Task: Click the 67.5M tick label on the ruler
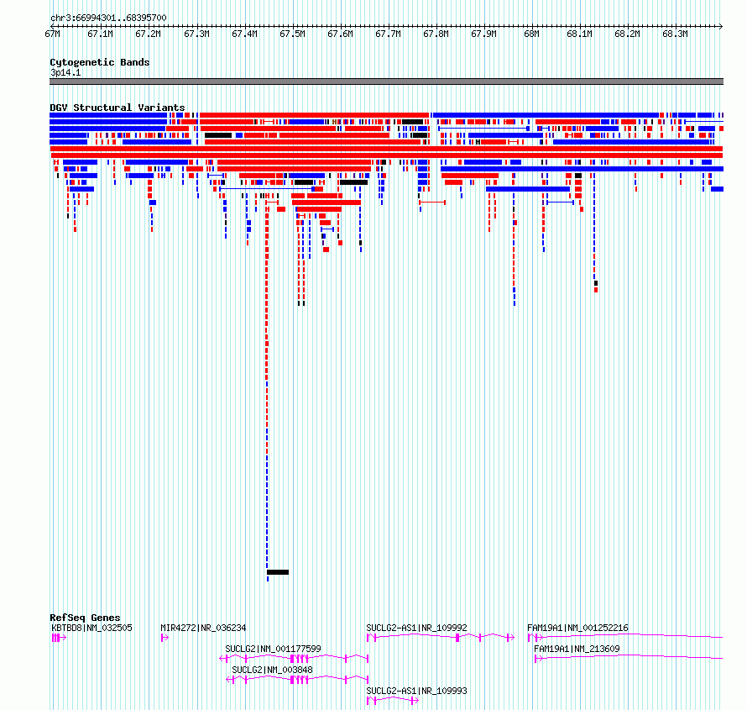coord(292,34)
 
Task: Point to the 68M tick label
coord(531,34)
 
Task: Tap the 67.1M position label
coord(100,34)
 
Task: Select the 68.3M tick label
coord(675,34)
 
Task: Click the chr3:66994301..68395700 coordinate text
coord(108,18)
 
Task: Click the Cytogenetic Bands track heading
coord(99,62)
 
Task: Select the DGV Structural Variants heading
coord(117,108)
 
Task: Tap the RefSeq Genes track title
coord(85,618)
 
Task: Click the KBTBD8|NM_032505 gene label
coord(91,628)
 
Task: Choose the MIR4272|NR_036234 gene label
coord(203,628)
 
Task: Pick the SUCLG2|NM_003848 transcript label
coord(272,670)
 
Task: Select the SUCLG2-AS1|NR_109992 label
coord(416,628)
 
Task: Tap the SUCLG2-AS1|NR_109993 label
coord(416,691)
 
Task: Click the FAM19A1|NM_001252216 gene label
coord(577,628)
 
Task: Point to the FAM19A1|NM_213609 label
coord(577,649)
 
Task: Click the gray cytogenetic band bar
coord(386,82)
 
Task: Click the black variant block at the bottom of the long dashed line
coord(278,572)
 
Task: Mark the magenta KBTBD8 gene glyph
coord(58,638)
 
